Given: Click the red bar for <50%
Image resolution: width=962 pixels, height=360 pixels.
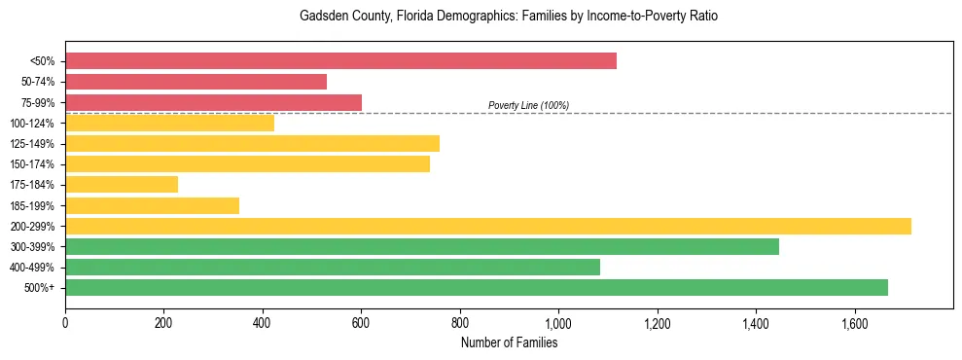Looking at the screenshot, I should (340, 61).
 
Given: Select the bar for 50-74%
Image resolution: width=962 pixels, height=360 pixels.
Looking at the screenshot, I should (196, 82).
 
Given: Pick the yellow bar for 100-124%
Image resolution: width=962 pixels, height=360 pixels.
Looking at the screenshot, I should (169, 123).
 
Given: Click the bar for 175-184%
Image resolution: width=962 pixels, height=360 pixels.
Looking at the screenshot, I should (122, 184).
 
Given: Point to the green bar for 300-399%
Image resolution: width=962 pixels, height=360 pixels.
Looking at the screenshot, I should (422, 246).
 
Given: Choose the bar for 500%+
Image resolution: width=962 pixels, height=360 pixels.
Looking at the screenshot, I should (477, 287).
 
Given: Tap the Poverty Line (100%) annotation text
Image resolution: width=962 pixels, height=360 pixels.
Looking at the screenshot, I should (528, 105).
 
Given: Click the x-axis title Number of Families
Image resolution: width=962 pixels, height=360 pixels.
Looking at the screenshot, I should (509, 342).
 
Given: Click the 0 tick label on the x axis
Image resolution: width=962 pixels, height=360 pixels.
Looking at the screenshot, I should (65, 323).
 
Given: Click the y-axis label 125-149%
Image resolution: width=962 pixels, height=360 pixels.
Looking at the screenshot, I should (32, 144).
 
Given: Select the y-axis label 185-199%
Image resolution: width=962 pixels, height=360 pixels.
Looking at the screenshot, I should (32, 205).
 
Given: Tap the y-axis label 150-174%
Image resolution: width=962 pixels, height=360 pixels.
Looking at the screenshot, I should (32, 164).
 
